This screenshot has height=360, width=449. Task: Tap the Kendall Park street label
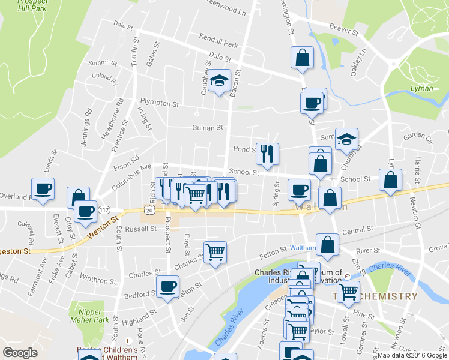(x=220, y=44)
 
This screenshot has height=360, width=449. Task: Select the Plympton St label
(x=160, y=103)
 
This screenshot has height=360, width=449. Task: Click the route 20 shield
(x=149, y=209)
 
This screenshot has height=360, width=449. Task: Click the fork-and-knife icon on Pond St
(x=267, y=154)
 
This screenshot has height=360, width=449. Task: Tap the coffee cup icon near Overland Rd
(x=43, y=189)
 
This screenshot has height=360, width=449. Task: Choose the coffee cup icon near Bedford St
(x=167, y=287)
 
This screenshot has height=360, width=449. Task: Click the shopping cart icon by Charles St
(x=215, y=251)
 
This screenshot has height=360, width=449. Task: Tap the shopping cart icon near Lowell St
(x=348, y=292)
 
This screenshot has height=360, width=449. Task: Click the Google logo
(x=20, y=353)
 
